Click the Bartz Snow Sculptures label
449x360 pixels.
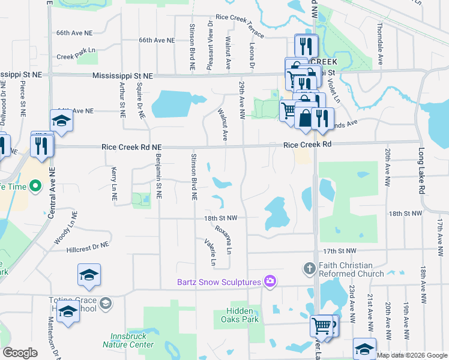(x=219, y=282)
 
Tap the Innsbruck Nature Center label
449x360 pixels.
(x=132, y=341)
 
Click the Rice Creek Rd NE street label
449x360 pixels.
(x=132, y=146)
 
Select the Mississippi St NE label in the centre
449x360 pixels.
(x=123, y=76)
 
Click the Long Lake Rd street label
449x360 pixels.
(x=421, y=170)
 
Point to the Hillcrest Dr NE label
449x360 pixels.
(x=88, y=245)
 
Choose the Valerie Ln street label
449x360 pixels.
(x=209, y=251)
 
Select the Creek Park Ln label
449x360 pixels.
(x=76, y=53)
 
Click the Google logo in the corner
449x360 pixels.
(x=20, y=353)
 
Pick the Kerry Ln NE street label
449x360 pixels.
(x=113, y=183)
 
